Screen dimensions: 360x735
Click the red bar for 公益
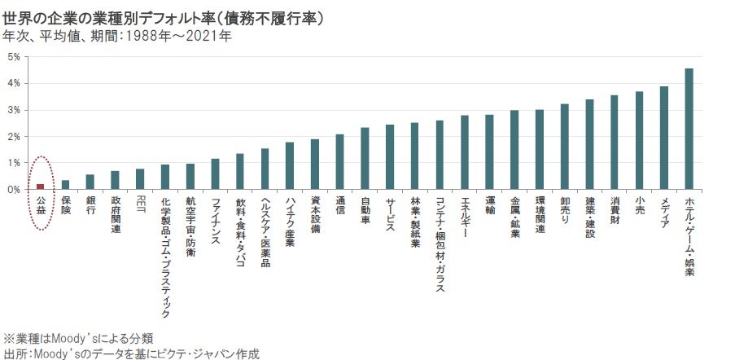[x=40, y=187]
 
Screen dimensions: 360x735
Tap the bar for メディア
[x=664, y=138]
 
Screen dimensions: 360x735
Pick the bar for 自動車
[x=365, y=158]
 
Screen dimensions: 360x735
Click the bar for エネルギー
[x=465, y=152]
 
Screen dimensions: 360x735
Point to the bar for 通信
[x=339, y=161]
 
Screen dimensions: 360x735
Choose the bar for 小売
[x=639, y=140]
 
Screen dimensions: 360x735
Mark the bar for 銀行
[x=90, y=182]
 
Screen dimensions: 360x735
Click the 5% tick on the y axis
[x=14, y=57]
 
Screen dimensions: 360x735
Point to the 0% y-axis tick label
[x=14, y=190]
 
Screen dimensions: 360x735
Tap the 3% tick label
[x=14, y=110]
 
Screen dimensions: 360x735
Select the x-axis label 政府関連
[x=116, y=213]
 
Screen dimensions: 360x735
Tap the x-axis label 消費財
[x=615, y=209]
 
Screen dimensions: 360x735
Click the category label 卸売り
[x=564, y=209]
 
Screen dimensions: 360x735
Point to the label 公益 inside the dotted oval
[x=40, y=205]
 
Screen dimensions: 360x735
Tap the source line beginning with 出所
[x=130, y=353]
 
